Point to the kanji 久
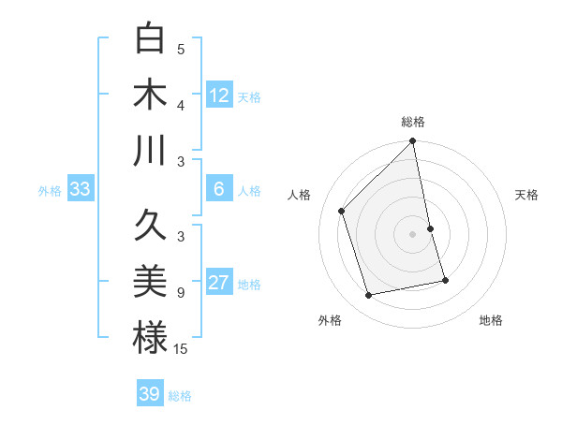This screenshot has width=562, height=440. [x=150, y=226]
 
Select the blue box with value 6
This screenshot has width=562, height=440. [x=219, y=189]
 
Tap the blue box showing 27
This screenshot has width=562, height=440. [x=219, y=284]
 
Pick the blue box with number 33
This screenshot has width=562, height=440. [x=80, y=190]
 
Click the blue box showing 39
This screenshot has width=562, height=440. [x=150, y=394]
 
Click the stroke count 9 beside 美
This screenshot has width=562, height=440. [x=181, y=293]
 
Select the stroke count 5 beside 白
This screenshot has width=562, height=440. [x=181, y=50]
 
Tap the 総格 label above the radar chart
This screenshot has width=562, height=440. [x=413, y=123]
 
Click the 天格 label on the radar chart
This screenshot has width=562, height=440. [x=527, y=195]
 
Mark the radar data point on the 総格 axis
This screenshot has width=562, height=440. [x=412, y=142]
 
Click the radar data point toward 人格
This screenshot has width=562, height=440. [x=342, y=211]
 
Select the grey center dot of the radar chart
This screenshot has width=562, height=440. [x=412, y=233]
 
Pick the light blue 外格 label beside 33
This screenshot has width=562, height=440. [x=50, y=191]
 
